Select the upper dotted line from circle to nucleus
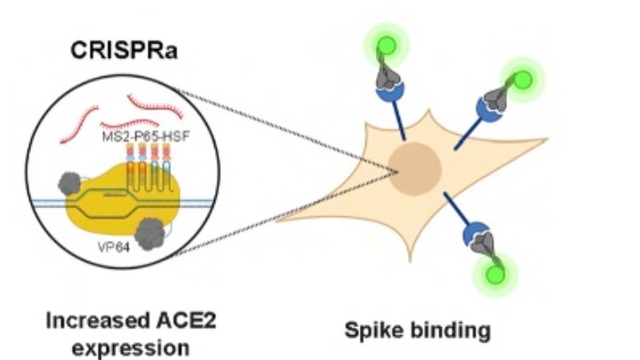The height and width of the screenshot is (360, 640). coord(293,124)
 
